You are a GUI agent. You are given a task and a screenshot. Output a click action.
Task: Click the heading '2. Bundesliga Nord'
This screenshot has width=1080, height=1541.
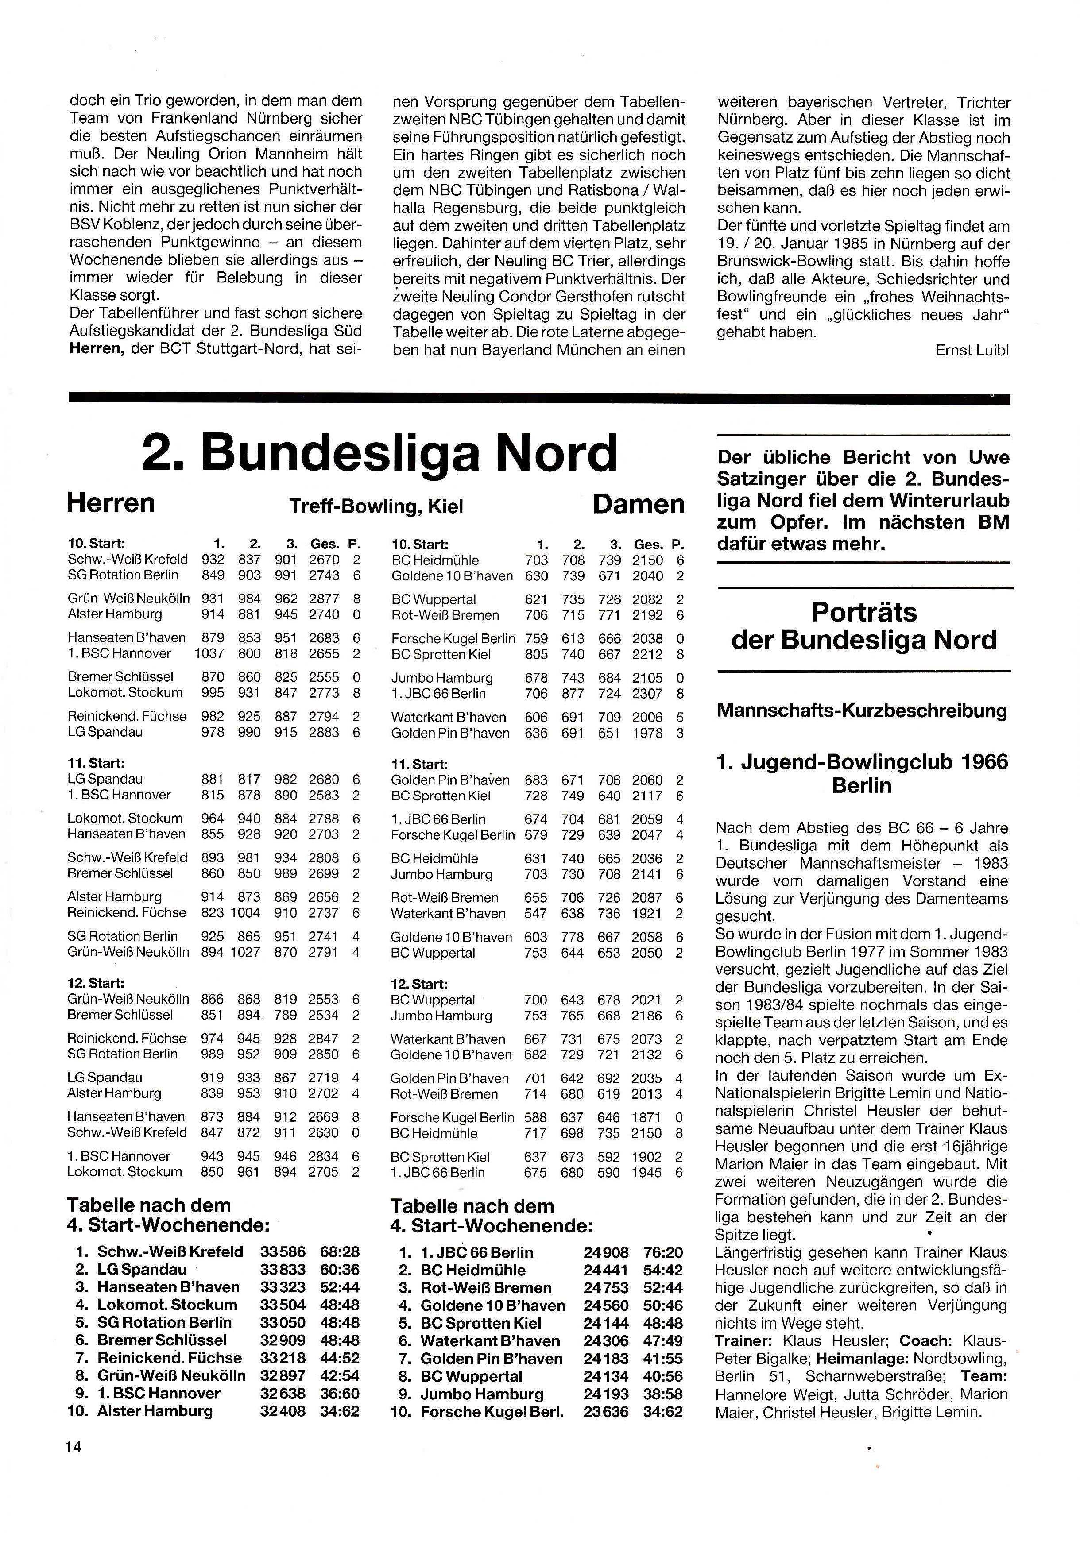coord(379,453)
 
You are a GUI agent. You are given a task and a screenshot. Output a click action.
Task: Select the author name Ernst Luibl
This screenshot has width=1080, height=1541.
coord(972,350)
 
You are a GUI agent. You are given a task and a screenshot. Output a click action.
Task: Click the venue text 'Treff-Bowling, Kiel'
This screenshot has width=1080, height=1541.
coord(376,506)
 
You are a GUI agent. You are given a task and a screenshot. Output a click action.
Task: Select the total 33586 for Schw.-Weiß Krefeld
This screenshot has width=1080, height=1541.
coord(283,1252)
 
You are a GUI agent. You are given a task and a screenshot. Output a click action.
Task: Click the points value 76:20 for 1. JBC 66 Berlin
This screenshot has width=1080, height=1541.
coord(662,1252)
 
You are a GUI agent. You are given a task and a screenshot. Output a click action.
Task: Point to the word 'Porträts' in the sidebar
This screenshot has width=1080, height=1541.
coord(864,612)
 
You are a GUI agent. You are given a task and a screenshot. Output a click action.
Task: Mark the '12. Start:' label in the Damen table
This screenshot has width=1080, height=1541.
coord(419,984)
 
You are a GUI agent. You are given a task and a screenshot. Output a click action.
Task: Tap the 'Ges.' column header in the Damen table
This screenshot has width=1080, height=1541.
coord(648,545)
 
